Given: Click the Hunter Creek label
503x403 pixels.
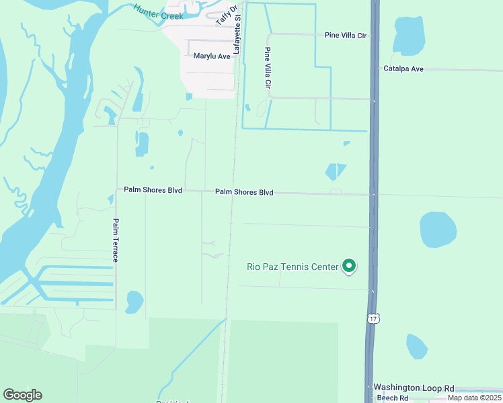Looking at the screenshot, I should click(158, 11).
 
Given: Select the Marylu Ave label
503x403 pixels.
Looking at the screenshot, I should click(212, 56).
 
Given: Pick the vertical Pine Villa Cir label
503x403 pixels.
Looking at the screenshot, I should click(268, 68).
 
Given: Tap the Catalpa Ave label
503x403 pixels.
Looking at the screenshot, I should click(403, 69).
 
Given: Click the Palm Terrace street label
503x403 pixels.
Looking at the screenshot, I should click(116, 240).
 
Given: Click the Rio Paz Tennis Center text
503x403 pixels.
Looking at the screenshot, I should click(293, 267).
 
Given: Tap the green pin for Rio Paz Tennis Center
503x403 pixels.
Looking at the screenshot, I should click(349, 267).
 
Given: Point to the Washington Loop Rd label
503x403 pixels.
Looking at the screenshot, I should click(414, 388).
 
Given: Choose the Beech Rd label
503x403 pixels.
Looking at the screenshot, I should click(387, 398).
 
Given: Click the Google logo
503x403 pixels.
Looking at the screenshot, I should click(23, 395).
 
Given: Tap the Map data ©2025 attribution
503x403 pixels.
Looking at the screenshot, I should click(474, 398).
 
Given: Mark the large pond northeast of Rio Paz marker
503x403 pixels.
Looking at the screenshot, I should click(438, 230).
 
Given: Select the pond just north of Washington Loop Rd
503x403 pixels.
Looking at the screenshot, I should click(417, 347).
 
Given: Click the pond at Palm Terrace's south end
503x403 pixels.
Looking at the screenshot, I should click(134, 302).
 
